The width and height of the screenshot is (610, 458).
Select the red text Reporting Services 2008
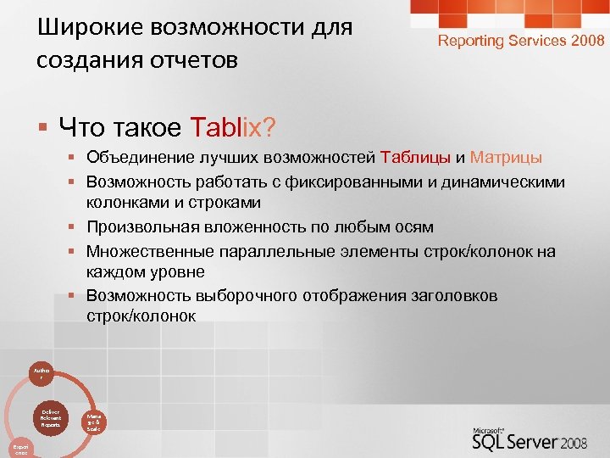(x=520, y=40)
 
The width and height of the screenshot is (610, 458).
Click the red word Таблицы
(x=416, y=158)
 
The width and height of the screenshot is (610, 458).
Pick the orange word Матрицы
(x=506, y=158)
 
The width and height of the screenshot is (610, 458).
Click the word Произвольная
(x=141, y=226)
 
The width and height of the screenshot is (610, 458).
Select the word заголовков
(x=452, y=295)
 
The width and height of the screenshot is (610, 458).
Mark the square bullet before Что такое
(x=42, y=128)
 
